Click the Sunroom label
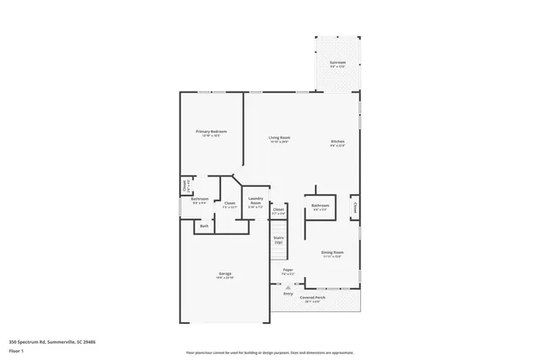(337, 62)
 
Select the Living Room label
(279, 139)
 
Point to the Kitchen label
(337, 141)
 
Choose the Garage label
(225, 273)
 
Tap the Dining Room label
(331, 252)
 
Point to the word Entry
(288, 293)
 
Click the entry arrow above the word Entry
(288, 287)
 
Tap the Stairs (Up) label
(278, 240)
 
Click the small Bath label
(204, 226)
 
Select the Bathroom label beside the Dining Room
(320, 205)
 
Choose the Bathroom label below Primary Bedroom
(199, 200)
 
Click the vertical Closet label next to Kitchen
(355, 206)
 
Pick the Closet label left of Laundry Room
(229, 203)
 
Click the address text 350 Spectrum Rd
(40, 341)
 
